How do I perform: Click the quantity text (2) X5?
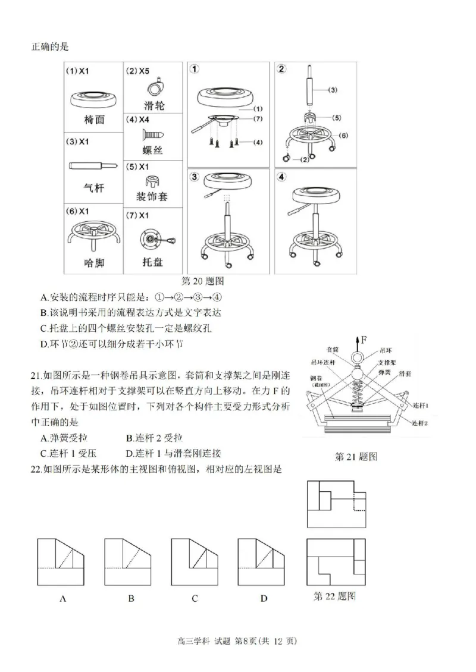pyautogui.click(x=138, y=71)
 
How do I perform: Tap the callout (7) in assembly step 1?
pyautogui.click(x=258, y=119)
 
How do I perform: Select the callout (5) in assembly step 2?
pyautogui.click(x=336, y=118)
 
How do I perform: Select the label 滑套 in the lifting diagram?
pyautogui.click(x=406, y=371)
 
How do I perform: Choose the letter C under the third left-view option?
pyautogui.click(x=194, y=598)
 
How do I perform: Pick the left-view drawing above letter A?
pyautogui.click(x=61, y=561)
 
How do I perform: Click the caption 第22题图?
pyautogui.click(x=334, y=596)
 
